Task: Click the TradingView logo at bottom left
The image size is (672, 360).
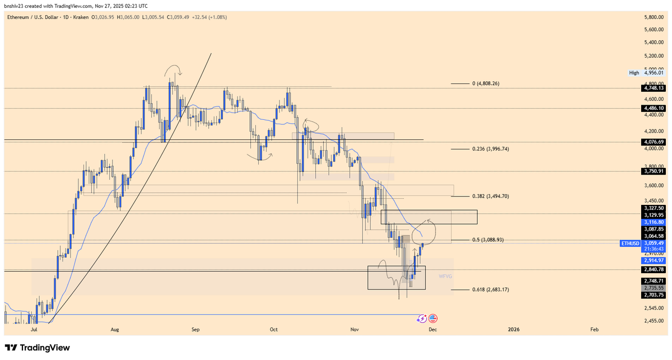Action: (38, 348)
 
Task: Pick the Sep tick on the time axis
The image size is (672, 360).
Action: (195, 330)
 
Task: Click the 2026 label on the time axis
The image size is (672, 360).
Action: (514, 330)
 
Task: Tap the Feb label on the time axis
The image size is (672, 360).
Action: (594, 330)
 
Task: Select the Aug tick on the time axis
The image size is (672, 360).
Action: (115, 330)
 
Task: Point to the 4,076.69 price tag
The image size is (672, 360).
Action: (654, 142)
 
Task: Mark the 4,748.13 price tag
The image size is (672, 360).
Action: (654, 88)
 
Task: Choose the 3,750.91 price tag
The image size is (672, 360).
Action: (654, 171)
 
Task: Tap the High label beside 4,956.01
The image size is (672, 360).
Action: (634, 73)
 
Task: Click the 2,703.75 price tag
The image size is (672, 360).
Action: (654, 294)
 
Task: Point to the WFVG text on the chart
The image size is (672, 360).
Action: (445, 276)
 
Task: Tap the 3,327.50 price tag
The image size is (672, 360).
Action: (654, 208)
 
